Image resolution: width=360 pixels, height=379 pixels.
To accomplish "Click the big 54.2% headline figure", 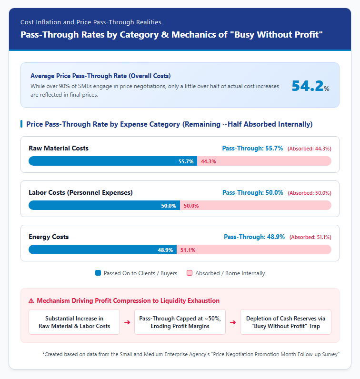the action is (310, 86).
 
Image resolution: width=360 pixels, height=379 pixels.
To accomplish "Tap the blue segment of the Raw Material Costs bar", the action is (113, 161).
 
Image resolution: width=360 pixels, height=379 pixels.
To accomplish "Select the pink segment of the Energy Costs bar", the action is (254, 249).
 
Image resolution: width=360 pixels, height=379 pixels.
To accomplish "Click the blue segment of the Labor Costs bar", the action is (104, 205).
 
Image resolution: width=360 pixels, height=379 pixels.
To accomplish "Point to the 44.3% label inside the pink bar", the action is (209, 161).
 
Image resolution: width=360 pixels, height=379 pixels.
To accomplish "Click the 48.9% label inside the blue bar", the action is (165, 250).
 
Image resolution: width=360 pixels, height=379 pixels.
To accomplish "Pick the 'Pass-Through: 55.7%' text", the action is (252, 148).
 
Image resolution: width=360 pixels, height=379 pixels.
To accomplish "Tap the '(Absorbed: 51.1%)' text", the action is (310, 237).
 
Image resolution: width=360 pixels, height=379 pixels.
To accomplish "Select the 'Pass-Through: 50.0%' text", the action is (253, 192).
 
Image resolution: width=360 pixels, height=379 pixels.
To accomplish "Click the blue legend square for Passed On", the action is (98, 273).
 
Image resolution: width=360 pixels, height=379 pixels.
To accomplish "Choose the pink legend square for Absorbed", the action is (190, 273).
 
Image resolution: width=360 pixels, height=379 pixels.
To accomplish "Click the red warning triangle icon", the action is (31, 301).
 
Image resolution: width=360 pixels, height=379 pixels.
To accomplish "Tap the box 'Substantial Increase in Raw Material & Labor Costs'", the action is (74, 322).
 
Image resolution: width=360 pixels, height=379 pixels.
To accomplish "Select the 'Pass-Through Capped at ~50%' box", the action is (180, 322).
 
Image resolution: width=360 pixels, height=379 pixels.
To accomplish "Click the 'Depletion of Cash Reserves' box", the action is (286, 322).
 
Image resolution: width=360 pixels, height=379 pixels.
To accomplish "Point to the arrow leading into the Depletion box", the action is (233, 322).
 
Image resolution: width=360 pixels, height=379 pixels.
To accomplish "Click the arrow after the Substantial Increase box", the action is (127, 322).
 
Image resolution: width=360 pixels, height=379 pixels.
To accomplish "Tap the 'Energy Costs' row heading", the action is (49, 237).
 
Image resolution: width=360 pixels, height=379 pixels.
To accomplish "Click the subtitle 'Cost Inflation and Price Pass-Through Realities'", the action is (90, 22).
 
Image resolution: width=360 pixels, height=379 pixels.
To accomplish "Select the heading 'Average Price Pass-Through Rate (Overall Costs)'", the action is (100, 76).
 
